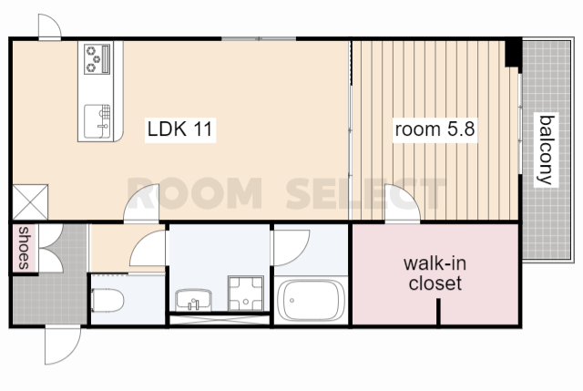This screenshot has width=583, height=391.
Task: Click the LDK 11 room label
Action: pyautogui.click(x=180, y=129)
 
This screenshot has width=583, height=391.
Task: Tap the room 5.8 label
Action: pyautogui.click(x=435, y=129)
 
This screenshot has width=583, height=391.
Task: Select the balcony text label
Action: pyautogui.click(x=547, y=149)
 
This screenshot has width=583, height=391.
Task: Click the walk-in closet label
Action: pyautogui.click(x=435, y=273)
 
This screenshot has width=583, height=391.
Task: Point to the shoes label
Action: pyautogui.click(x=24, y=248)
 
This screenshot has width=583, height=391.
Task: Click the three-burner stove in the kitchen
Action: pyautogui.click(x=97, y=59)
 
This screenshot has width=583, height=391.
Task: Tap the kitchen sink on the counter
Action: pyautogui.click(x=97, y=121)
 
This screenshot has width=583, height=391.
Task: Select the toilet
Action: pyautogui.click(x=107, y=301)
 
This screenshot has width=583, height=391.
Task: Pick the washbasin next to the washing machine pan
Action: pyautogui.click(x=194, y=300)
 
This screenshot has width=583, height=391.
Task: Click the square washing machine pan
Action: pyautogui.click(x=246, y=293)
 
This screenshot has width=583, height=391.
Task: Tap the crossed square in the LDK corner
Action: pyautogui.click(x=30, y=202)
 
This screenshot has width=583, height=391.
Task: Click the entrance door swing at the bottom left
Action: pyautogui.click(x=62, y=345)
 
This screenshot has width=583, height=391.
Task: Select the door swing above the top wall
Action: pyautogui.click(x=50, y=26)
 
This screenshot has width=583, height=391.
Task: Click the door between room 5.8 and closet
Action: pyautogui.click(x=403, y=203)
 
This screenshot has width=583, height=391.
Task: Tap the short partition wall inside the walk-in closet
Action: pyautogui.click(x=439, y=312)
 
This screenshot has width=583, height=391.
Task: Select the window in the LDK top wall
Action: pyautogui.click(x=259, y=38)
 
